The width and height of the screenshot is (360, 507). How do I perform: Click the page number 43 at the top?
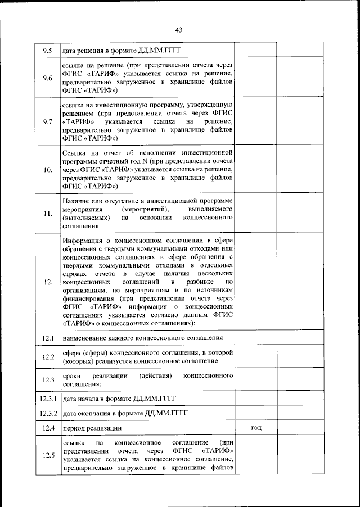tap(179, 30)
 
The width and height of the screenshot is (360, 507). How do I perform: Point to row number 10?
tap(48, 169)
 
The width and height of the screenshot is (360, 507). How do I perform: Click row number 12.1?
tap(48, 338)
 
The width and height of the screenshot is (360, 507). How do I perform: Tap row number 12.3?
tap(48, 380)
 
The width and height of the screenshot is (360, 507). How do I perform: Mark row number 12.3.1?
tap(48, 399)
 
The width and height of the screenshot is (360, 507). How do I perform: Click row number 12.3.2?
tap(48, 413)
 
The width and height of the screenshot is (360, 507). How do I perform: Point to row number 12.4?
tap(48, 428)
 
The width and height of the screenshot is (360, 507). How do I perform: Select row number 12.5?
tap(48, 455)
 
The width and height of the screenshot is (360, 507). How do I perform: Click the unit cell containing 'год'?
tap(255, 428)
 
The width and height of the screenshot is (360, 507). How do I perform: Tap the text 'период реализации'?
tap(92, 428)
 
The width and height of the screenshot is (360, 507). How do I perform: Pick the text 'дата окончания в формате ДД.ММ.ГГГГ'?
tap(125, 413)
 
